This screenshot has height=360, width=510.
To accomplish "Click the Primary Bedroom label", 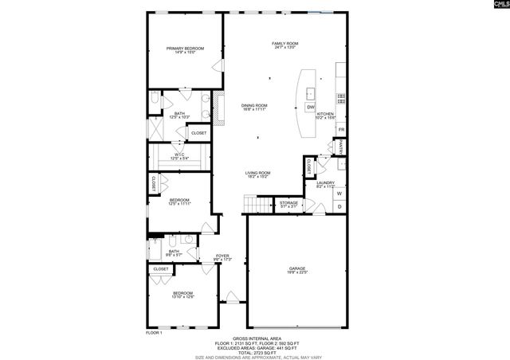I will pos(185,50).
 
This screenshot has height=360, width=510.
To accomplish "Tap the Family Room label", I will pos(284,45).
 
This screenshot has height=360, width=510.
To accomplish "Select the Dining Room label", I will pos(254,107).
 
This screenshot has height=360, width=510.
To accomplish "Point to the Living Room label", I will pos(257,174).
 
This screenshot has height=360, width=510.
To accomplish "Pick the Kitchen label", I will pos(325,116).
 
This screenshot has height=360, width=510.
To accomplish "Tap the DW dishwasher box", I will pos(311,107).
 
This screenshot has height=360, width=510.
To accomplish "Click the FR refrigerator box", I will pos(341,129).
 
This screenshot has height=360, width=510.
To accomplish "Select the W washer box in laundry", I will pos(339,194).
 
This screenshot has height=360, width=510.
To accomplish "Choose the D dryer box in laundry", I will pos(339,207).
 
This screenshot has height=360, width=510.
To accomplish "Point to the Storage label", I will pos(288,205).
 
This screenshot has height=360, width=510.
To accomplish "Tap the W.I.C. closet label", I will pos(179,156).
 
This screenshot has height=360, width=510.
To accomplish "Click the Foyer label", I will pos(222,257).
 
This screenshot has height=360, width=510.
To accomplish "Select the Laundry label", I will pos(324,185).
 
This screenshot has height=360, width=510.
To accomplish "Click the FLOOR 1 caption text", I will pos(154,332).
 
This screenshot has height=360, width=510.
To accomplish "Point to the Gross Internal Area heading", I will pos(256,337).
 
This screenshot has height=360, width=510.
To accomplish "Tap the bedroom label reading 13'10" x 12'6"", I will pos(183,295).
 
